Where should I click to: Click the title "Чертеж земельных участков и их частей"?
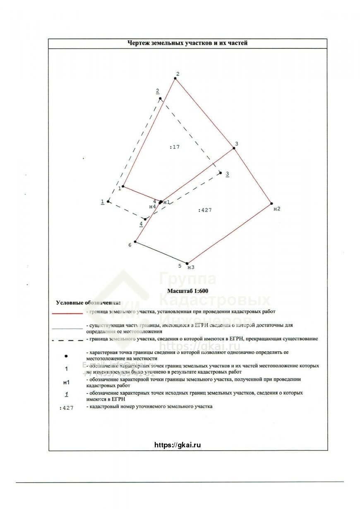187,43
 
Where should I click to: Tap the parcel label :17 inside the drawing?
175,147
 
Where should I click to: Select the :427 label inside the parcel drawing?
205,210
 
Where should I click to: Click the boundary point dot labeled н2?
271,203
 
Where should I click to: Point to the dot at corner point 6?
135,242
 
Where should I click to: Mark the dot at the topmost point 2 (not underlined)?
175,78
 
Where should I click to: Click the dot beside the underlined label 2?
160,98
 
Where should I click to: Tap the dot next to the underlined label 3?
221,173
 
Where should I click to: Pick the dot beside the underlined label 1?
108,202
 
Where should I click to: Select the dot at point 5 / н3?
187,263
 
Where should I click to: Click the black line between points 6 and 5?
161,253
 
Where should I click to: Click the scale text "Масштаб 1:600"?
188,291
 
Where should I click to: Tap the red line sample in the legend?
67,314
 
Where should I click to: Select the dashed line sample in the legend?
67,341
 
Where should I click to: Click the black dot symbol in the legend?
67,355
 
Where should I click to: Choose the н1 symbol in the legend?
66,382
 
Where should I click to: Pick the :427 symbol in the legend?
66,408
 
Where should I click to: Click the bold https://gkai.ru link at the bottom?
178,445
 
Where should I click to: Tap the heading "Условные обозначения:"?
89,303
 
